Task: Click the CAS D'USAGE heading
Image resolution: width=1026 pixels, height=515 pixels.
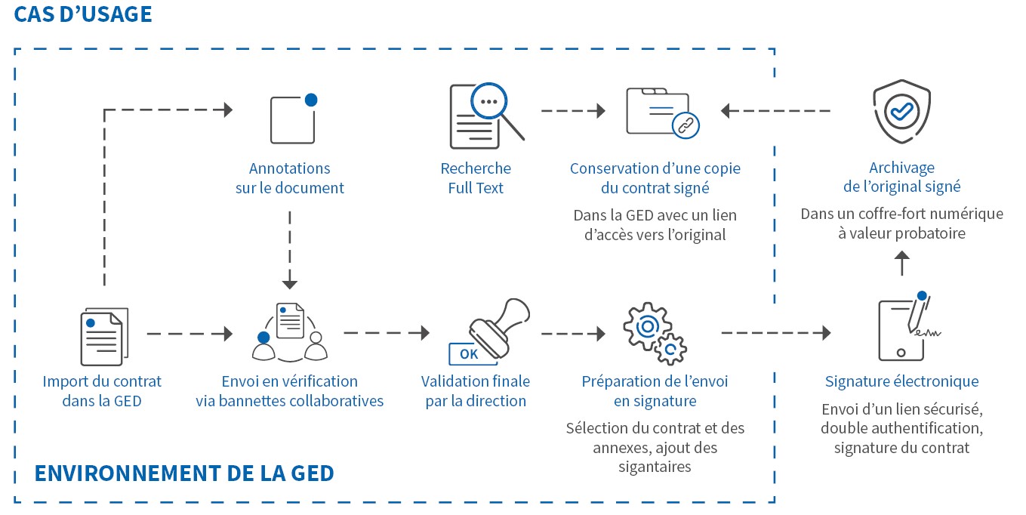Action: [x=83, y=14]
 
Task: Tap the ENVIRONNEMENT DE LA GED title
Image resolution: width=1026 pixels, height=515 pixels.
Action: [x=184, y=473]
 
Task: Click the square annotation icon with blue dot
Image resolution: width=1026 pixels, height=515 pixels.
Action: [x=293, y=119]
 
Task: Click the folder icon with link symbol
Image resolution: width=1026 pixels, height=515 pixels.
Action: [x=662, y=113]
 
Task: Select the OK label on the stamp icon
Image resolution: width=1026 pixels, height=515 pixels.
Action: [x=469, y=353]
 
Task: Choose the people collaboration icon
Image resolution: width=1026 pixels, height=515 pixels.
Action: [x=290, y=332]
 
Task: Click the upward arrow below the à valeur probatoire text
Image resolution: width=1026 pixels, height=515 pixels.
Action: [x=901, y=263]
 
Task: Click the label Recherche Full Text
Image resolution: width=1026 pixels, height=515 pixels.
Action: [x=476, y=178]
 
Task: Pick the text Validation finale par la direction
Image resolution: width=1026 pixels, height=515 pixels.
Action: [x=476, y=391]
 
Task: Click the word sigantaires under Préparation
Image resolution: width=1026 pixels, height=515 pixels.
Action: [x=655, y=467]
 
